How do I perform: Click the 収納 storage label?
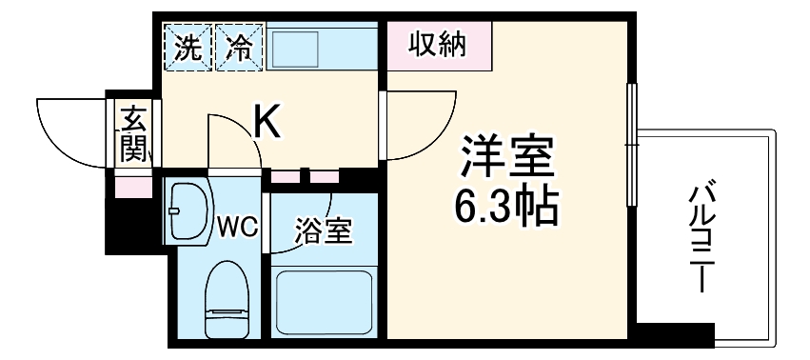click(438, 45)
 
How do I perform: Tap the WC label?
click(235, 227)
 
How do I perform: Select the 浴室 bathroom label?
click(324, 230)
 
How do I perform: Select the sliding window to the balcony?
click(630, 143)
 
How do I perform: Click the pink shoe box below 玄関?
click(132, 184)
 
